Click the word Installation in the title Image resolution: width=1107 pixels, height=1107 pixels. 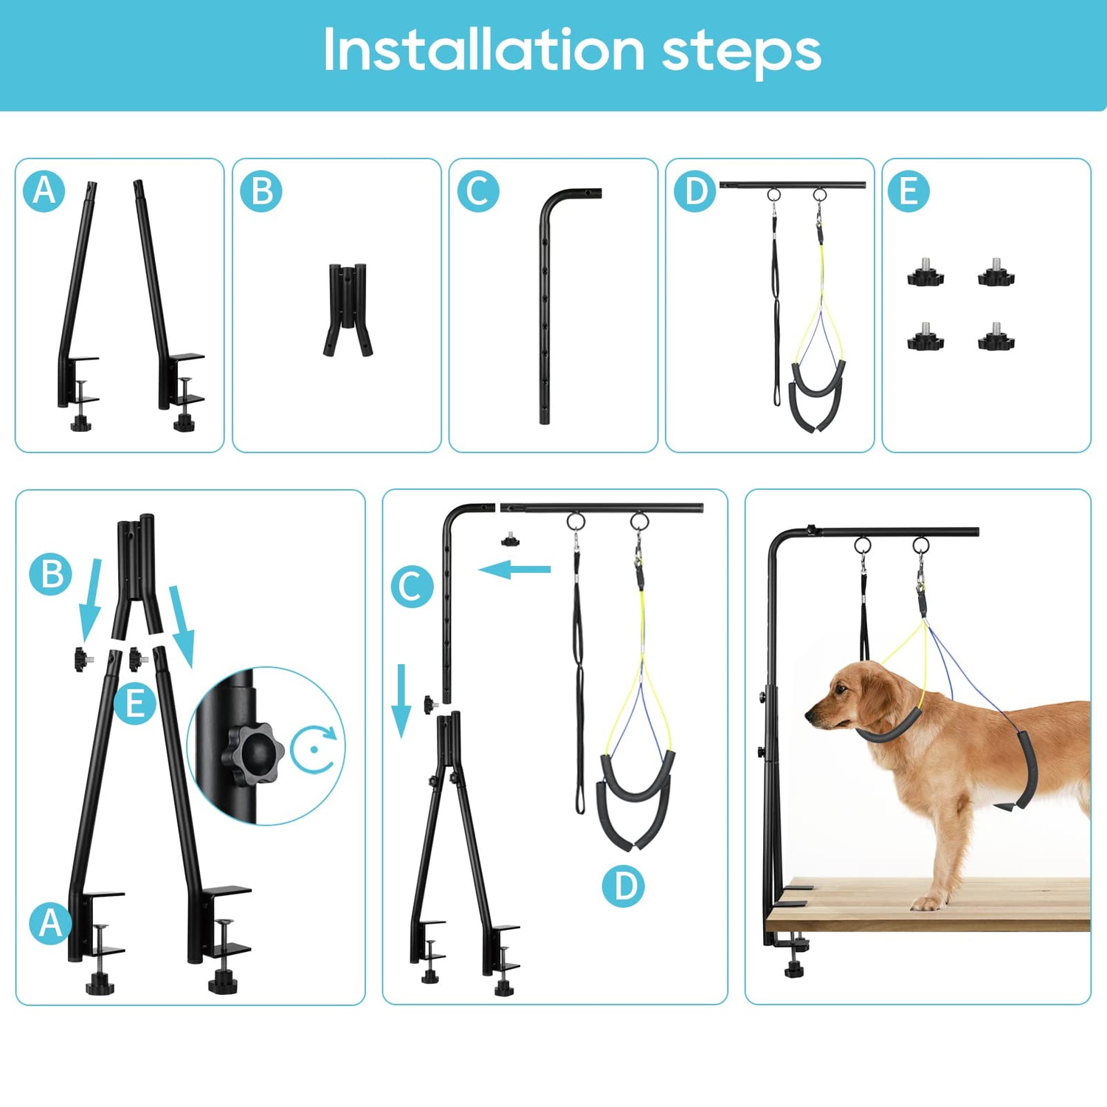[484, 50]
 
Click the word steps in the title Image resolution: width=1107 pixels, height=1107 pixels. [742, 53]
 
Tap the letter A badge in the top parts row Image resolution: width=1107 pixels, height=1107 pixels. [44, 191]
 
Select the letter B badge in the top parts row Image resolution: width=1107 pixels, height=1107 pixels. [261, 191]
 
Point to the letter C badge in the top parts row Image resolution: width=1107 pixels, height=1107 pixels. [478, 191]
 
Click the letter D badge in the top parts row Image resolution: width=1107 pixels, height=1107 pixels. [695, 191]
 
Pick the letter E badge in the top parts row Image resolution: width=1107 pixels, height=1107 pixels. [908, 191]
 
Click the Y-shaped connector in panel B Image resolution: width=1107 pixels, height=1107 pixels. [348, 310]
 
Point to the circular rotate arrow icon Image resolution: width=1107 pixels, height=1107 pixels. [315, 748]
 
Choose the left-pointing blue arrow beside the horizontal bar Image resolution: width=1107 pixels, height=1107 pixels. [514, 569]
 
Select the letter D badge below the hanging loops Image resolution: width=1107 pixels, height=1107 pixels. [624, 886]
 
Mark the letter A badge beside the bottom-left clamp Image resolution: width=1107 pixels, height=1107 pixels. [50, 923]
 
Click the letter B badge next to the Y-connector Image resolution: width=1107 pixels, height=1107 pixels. [51, 574]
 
